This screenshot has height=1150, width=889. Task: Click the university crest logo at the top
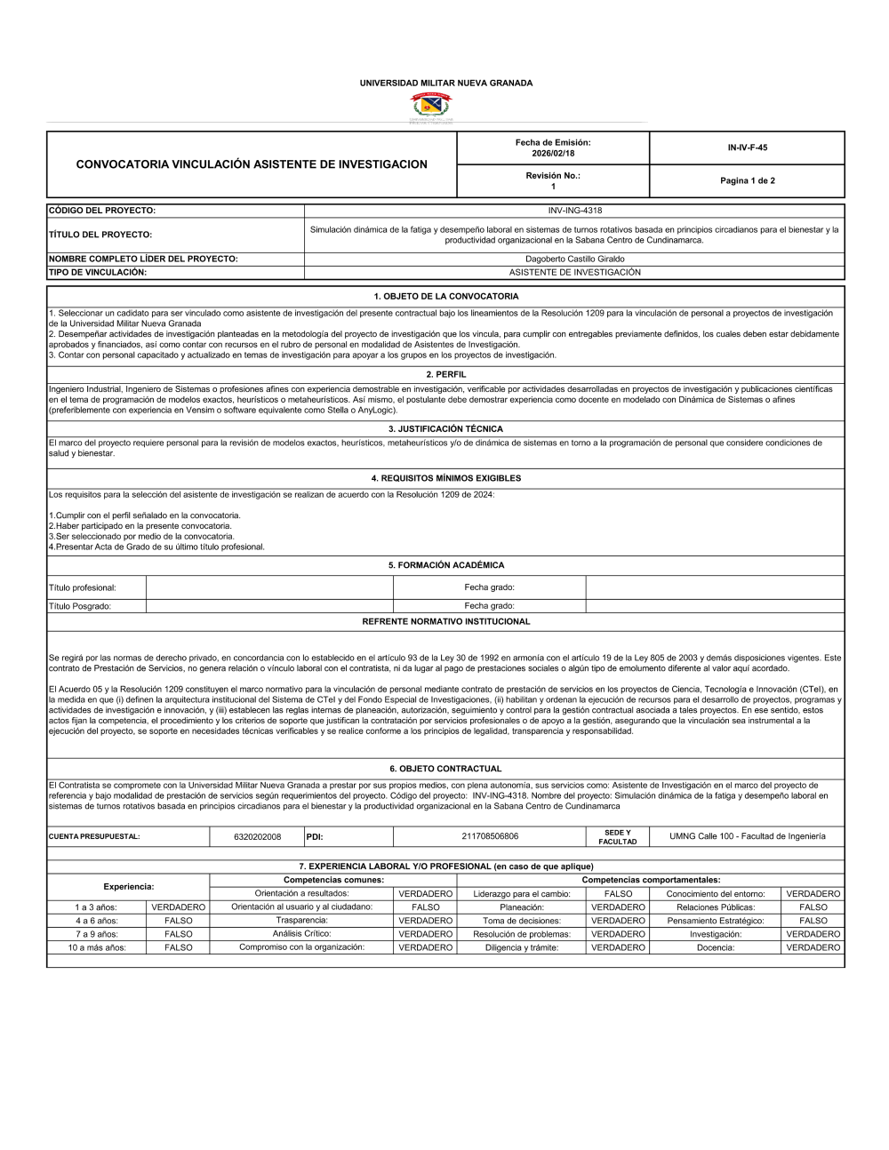(429, 108)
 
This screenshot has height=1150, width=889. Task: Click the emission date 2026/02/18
(552, 153)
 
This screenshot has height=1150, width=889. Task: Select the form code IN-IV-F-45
(747, 148)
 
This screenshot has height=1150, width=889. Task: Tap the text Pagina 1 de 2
(747, 180)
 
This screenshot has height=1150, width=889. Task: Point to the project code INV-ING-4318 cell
(574, 211)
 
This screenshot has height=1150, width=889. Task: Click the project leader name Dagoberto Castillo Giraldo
(574, 259)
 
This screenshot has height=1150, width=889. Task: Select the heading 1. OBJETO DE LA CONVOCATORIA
(445, 296)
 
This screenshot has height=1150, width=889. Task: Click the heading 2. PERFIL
(445, 374)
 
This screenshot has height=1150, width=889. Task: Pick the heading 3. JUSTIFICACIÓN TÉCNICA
(445, 429)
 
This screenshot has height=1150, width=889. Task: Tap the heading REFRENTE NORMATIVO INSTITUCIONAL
(445, 621)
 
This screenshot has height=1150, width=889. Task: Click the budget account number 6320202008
(257, 836)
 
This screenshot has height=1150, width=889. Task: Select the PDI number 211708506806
(490, 836)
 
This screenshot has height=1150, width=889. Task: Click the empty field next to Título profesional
(268, 587)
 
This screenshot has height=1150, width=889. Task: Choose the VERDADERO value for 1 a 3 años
(178, 907)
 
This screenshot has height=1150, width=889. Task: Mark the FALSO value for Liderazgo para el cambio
(618, 893)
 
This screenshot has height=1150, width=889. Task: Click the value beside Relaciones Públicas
(813, 907)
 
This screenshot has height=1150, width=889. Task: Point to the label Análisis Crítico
(301, 934)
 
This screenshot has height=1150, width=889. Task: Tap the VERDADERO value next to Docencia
(813, 948)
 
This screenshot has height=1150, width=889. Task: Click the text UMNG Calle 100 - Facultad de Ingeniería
(747, 836)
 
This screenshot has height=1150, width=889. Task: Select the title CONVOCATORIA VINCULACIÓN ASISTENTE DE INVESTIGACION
(251, 164)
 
